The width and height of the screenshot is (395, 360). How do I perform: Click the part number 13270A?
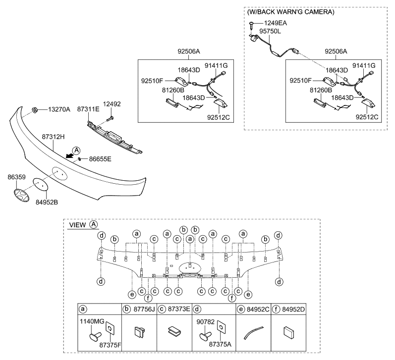coord(59,109)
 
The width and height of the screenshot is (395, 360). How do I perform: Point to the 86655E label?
coord(100,159)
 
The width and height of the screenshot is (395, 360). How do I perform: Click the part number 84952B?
coord(46,202)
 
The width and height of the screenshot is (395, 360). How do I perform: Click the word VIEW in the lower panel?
coord(78,225)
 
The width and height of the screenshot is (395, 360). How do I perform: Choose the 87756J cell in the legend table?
coord(139,309)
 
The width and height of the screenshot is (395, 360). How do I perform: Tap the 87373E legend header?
coord(174,309)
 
